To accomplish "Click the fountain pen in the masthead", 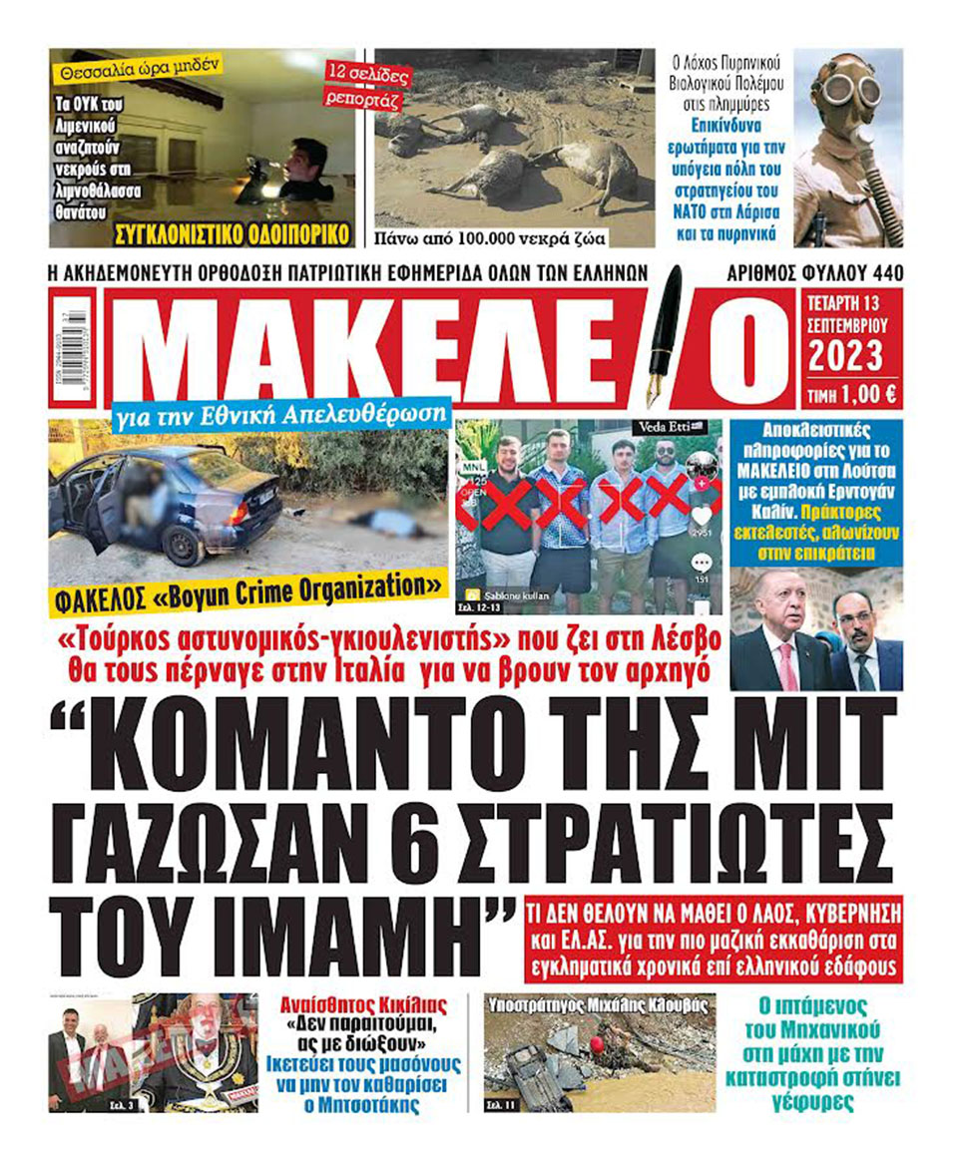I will (664, 339).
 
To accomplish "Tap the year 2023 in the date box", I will (844, 356).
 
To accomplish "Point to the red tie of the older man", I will (787, 668).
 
